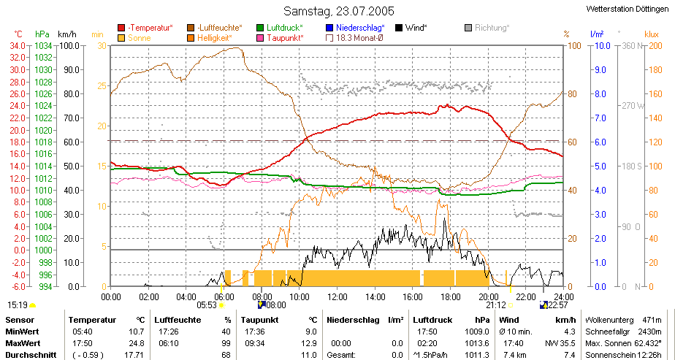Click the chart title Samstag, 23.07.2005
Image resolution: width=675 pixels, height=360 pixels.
tap(339, 10)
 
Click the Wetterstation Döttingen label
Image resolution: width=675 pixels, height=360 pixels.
tap(630, 9)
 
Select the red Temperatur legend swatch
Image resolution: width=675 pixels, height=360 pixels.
tap(121, 28)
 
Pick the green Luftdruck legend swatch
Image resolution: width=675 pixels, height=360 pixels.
tap(260, 28)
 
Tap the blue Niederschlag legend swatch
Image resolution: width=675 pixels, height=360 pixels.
tap(330, 28)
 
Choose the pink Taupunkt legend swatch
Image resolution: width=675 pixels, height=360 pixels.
tap(260, 38)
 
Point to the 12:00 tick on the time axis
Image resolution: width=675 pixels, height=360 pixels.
tap(337, 296)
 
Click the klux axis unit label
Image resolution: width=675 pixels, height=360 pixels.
tap(652, 34)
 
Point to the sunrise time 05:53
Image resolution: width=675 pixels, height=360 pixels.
tap(206, 305)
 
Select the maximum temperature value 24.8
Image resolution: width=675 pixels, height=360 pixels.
tap(138, 343)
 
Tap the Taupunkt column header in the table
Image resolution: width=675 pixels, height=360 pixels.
tap(259, 321)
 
